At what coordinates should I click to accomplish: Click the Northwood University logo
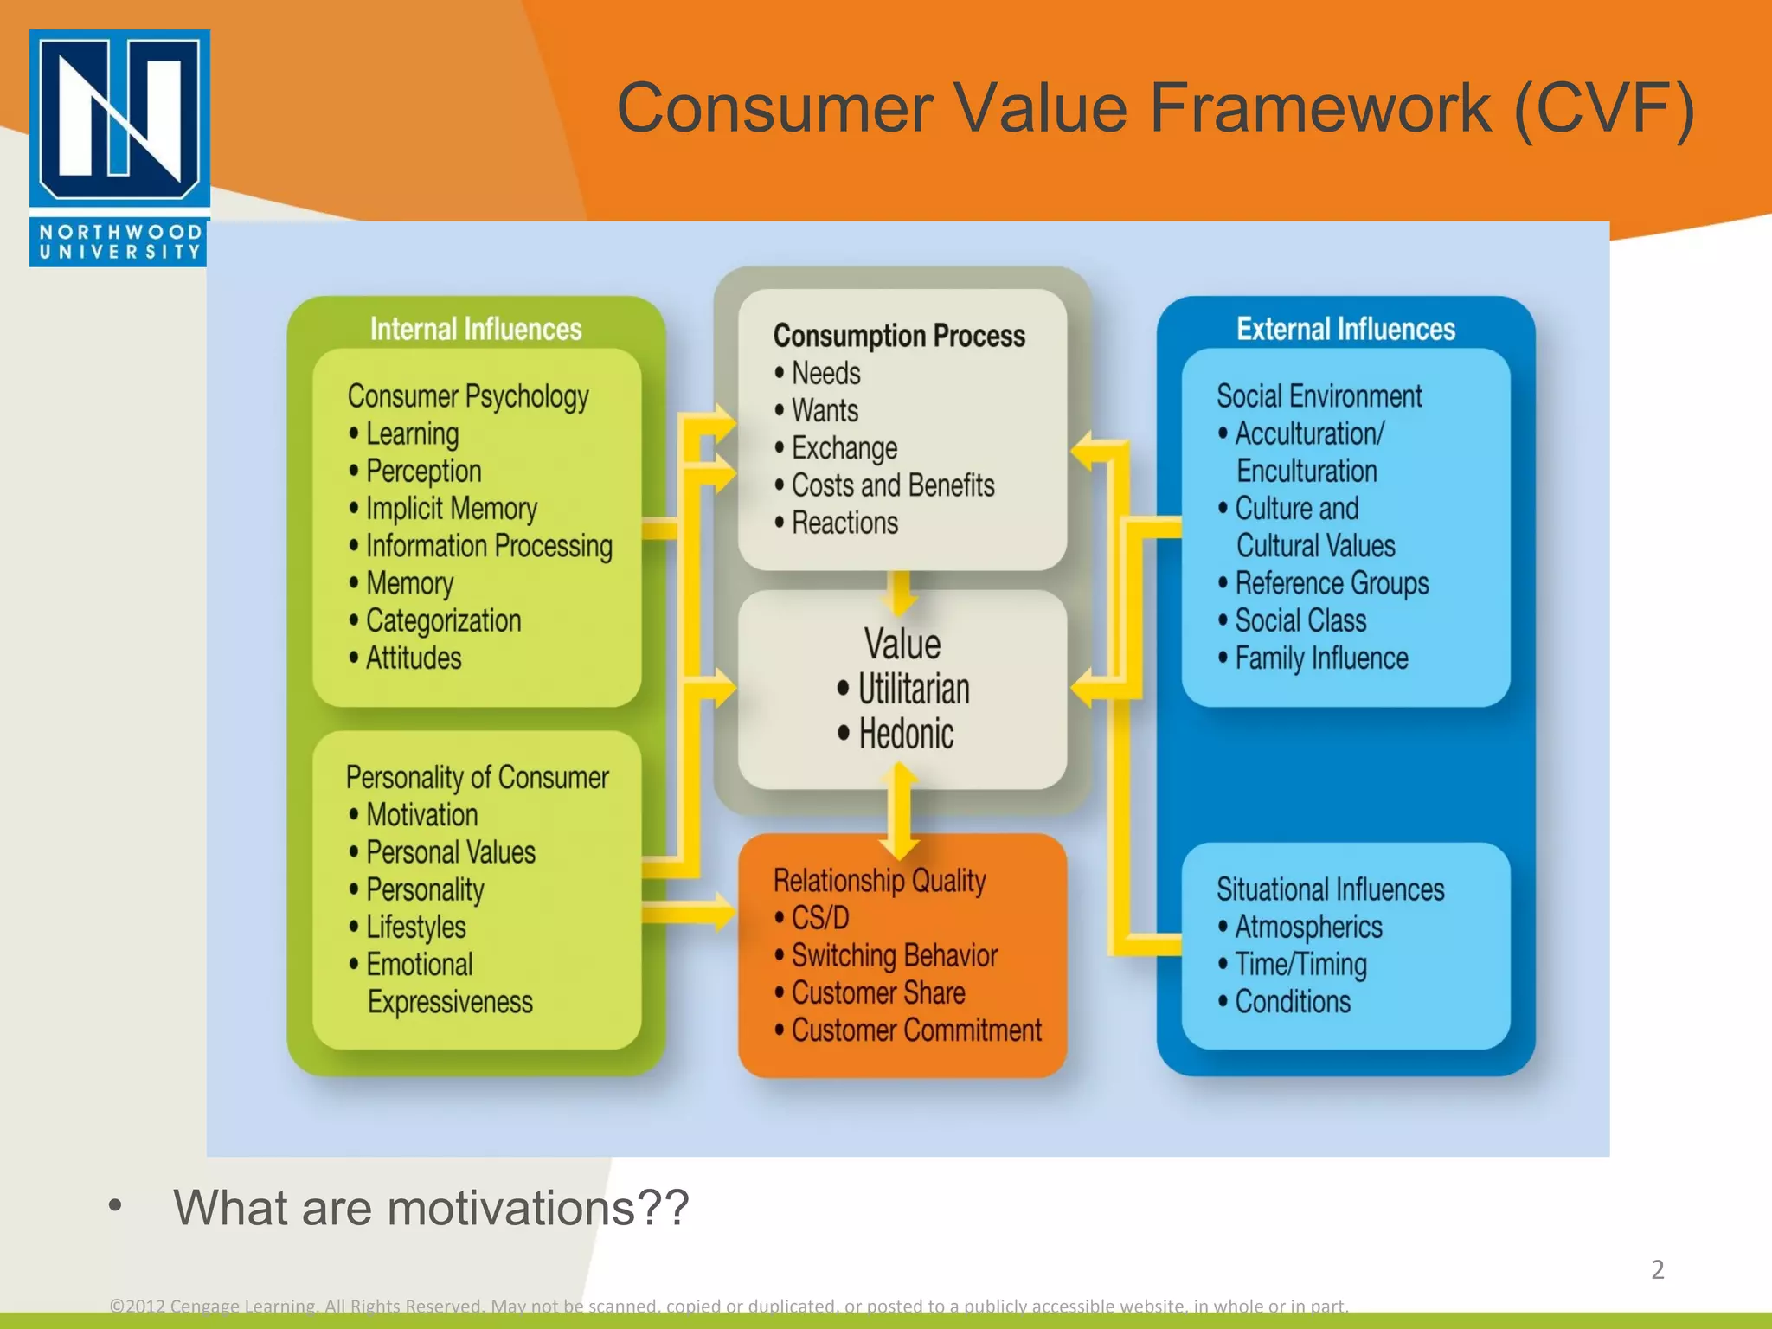coord(119,147)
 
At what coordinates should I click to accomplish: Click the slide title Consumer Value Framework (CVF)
coord(1154,109)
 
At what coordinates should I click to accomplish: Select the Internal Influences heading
coord(476,329)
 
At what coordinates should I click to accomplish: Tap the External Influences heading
coord(1345,329)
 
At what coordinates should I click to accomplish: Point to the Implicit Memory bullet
coord(451,509)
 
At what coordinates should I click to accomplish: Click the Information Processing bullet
coord(489,546)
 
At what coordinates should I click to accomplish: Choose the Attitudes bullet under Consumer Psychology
coord(414,658)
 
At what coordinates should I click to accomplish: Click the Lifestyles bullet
coord(415,928)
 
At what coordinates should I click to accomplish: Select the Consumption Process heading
coord(899,336)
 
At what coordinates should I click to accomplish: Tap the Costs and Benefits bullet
coord(893,485)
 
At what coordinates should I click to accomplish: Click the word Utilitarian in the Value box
coord(914,690)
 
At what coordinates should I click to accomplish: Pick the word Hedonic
coord(906,735)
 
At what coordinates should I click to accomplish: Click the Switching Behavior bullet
coord(895,955)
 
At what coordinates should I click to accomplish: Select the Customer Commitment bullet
coord(916,1030)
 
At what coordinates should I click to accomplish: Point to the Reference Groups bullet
coord(1332,584)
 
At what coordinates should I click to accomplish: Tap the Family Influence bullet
coord(1321,658)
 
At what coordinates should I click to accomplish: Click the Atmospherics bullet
coord(1308,928)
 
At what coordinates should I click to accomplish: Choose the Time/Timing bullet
coord(1300,965)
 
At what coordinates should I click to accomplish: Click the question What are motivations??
coord(431,1208)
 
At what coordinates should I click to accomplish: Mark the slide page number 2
coord(1657,1269)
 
